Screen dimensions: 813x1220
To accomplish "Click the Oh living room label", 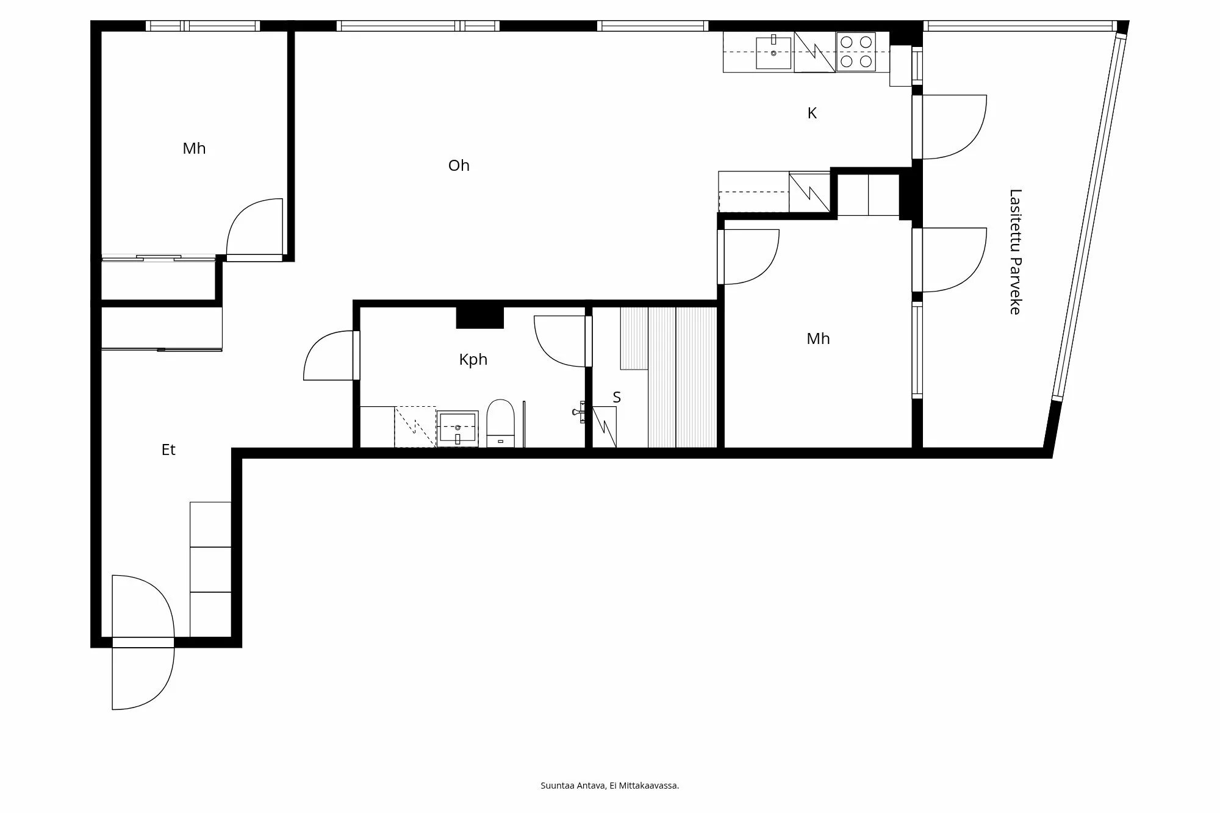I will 459,165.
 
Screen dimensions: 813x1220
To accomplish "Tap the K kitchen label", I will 812,113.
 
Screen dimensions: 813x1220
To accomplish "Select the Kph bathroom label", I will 473,359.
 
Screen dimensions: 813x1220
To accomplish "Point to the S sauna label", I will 617,398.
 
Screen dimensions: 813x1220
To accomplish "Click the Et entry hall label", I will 168,449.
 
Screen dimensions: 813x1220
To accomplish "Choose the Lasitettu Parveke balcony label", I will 1015,252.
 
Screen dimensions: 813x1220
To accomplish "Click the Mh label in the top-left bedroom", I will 194,148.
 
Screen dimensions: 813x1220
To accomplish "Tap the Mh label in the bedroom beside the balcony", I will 818,338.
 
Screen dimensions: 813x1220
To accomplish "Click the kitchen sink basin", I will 773,52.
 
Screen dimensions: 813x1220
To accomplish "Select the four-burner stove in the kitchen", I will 856,52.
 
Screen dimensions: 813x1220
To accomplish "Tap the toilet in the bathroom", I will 500,422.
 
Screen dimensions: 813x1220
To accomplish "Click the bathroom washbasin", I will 457,428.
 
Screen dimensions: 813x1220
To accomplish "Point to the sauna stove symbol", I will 605,426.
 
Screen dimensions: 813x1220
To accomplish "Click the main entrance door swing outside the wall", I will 143,677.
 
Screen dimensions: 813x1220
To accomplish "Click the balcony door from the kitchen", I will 952,126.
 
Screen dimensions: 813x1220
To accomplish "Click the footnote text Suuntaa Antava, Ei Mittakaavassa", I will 609,786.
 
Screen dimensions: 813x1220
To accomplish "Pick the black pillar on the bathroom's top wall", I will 480,318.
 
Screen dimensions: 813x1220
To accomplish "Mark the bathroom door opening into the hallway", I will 330,356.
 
